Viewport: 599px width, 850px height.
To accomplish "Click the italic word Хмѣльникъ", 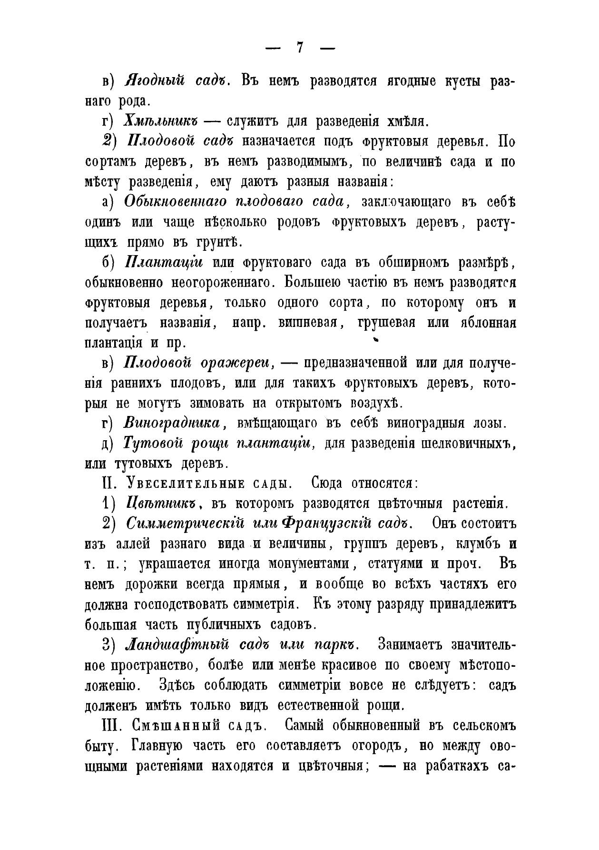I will pyautogui.click(x=160, y=121).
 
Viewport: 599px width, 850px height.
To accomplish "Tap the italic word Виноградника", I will pyautogui.click(x=172, y=423).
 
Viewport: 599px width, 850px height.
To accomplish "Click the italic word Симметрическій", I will pyautogui.click(x=185, y=523).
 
